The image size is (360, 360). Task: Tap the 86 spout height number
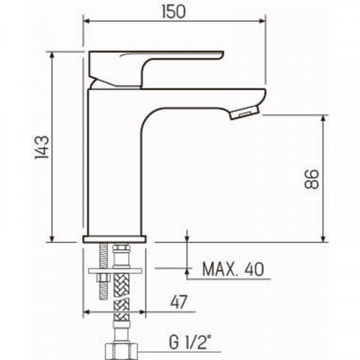[310, 179]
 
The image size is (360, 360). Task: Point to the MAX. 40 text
[233, 271]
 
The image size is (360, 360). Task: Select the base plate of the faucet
[116, 238]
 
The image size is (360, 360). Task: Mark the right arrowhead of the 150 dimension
[262, 22]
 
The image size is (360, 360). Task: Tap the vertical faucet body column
[115, 166]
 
